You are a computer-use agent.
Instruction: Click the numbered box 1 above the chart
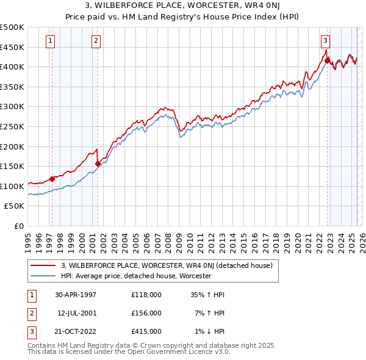(49, 41)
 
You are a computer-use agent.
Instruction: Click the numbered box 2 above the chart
(96, 41)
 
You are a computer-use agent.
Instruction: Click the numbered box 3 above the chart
(325, 41)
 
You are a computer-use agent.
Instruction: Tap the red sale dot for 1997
(52, 178)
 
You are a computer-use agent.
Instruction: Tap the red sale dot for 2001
(98, 163)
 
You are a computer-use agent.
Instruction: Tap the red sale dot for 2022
(327, 60)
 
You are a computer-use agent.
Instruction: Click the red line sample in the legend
(44, 265)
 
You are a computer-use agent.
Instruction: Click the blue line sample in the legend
(44, 276)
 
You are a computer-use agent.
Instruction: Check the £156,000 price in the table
(146, 313)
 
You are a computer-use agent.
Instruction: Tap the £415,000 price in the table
(146, 331)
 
